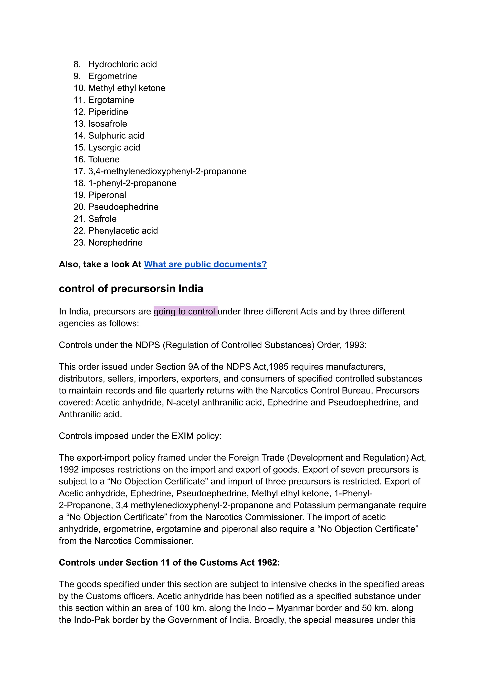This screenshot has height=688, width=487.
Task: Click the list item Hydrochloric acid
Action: [122, 64]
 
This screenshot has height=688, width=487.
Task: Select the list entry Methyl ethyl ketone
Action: [127, 88]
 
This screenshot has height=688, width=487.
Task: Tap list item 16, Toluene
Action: [104, 159]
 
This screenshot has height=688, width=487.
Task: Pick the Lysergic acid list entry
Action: [114, 147]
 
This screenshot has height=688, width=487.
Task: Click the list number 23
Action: [79, 242]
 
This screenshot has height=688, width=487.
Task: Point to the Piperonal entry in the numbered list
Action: [107, 195]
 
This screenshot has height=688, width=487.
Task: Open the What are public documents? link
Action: [205, 264]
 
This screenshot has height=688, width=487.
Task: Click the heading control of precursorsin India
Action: [131, 288]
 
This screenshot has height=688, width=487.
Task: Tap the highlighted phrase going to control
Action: [185, 311]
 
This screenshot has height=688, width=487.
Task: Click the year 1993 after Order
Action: [355, 345]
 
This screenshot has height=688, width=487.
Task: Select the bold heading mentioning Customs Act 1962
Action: [169, 562]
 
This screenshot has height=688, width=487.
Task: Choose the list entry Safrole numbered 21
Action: [102, 219]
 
